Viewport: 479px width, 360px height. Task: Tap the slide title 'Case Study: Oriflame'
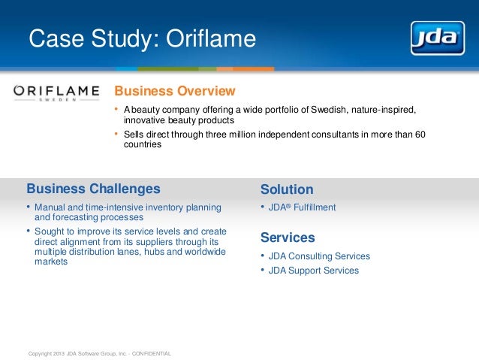(142, 38)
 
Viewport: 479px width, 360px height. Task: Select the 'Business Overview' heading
(175, 92)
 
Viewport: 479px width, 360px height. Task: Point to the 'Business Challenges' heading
(93, 188)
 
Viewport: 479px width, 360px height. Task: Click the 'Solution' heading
(286, 189)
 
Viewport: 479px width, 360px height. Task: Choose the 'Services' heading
(288, 237)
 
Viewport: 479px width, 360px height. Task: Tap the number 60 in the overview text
(420, 135)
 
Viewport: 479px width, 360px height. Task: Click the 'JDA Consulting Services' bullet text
(319, 256)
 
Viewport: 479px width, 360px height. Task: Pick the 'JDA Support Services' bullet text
(314, 271)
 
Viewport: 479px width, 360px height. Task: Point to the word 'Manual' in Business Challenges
(50, 207)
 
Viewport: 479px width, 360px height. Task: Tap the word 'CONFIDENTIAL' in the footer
(152, 353)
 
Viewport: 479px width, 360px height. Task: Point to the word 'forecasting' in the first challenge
(74, 217)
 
